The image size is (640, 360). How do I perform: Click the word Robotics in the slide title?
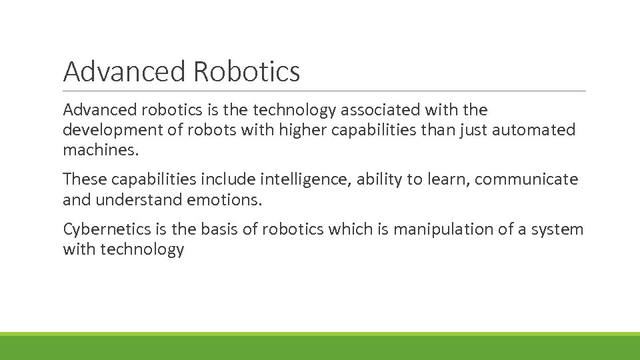click(x=247, y=72)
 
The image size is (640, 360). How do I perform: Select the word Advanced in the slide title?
click(x=124, y=72)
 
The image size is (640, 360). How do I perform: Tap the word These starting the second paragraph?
click(x=85, y=180)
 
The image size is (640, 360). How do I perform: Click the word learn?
click(x=449, y=180)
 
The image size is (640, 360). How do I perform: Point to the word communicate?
click(x=527, y=180)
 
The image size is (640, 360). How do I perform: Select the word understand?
click(x=139, y=199)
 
